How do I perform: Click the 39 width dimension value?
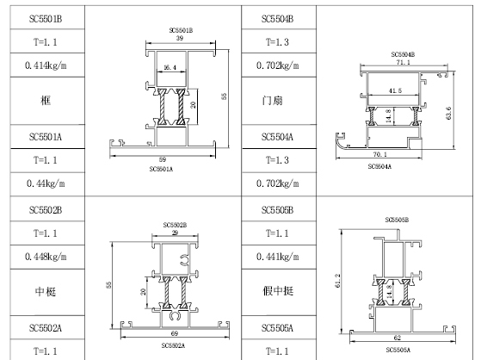click(x=180, y=38)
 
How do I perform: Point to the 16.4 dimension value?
click(x=170, y=67)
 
